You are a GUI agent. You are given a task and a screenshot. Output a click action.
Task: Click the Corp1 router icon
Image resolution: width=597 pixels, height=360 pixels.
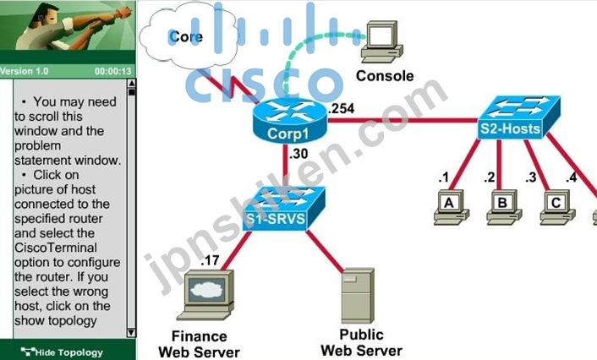tap(289, 121)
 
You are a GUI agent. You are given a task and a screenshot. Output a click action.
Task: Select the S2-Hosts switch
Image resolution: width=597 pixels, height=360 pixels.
tap(518, 117)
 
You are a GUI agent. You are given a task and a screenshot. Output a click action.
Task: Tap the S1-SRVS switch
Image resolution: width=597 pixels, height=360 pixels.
tap(283, 209)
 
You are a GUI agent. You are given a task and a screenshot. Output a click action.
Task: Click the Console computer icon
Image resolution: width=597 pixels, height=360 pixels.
tap(382, 42)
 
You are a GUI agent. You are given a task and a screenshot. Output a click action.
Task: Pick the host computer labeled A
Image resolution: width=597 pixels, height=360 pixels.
tap(452, 207)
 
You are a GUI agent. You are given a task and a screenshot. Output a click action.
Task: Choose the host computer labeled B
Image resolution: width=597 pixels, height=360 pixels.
tap(504, 207)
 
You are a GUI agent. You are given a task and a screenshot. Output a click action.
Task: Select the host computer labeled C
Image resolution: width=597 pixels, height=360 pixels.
tap(557, 207)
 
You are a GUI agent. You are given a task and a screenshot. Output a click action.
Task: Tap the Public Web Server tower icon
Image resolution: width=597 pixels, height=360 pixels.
tap(358, 296)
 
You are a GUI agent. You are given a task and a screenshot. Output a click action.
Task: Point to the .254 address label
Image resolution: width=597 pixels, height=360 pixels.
tap(342, 109)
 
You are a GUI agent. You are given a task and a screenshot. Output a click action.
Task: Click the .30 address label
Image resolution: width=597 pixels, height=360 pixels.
tap(298, 154)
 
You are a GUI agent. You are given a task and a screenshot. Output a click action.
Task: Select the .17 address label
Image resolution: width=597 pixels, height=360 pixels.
tap(211, 260)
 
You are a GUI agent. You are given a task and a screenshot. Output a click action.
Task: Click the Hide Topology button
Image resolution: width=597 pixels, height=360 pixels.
tap(62, 352)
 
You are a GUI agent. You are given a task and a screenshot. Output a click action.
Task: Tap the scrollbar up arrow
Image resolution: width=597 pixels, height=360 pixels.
tap(131, 83)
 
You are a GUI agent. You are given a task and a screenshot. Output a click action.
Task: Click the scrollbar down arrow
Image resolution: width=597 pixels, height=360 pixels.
tap(131, 333)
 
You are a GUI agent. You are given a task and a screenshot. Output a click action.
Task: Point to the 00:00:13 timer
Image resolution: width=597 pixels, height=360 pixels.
tap(113, 71)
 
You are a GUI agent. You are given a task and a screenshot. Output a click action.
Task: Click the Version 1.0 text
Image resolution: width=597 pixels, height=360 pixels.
tap(24, 71)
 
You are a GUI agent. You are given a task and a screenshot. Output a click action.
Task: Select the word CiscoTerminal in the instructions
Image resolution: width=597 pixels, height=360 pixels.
tap(56, 248)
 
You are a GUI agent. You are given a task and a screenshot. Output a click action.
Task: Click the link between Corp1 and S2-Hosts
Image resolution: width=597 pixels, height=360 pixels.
tap(403, 121)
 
